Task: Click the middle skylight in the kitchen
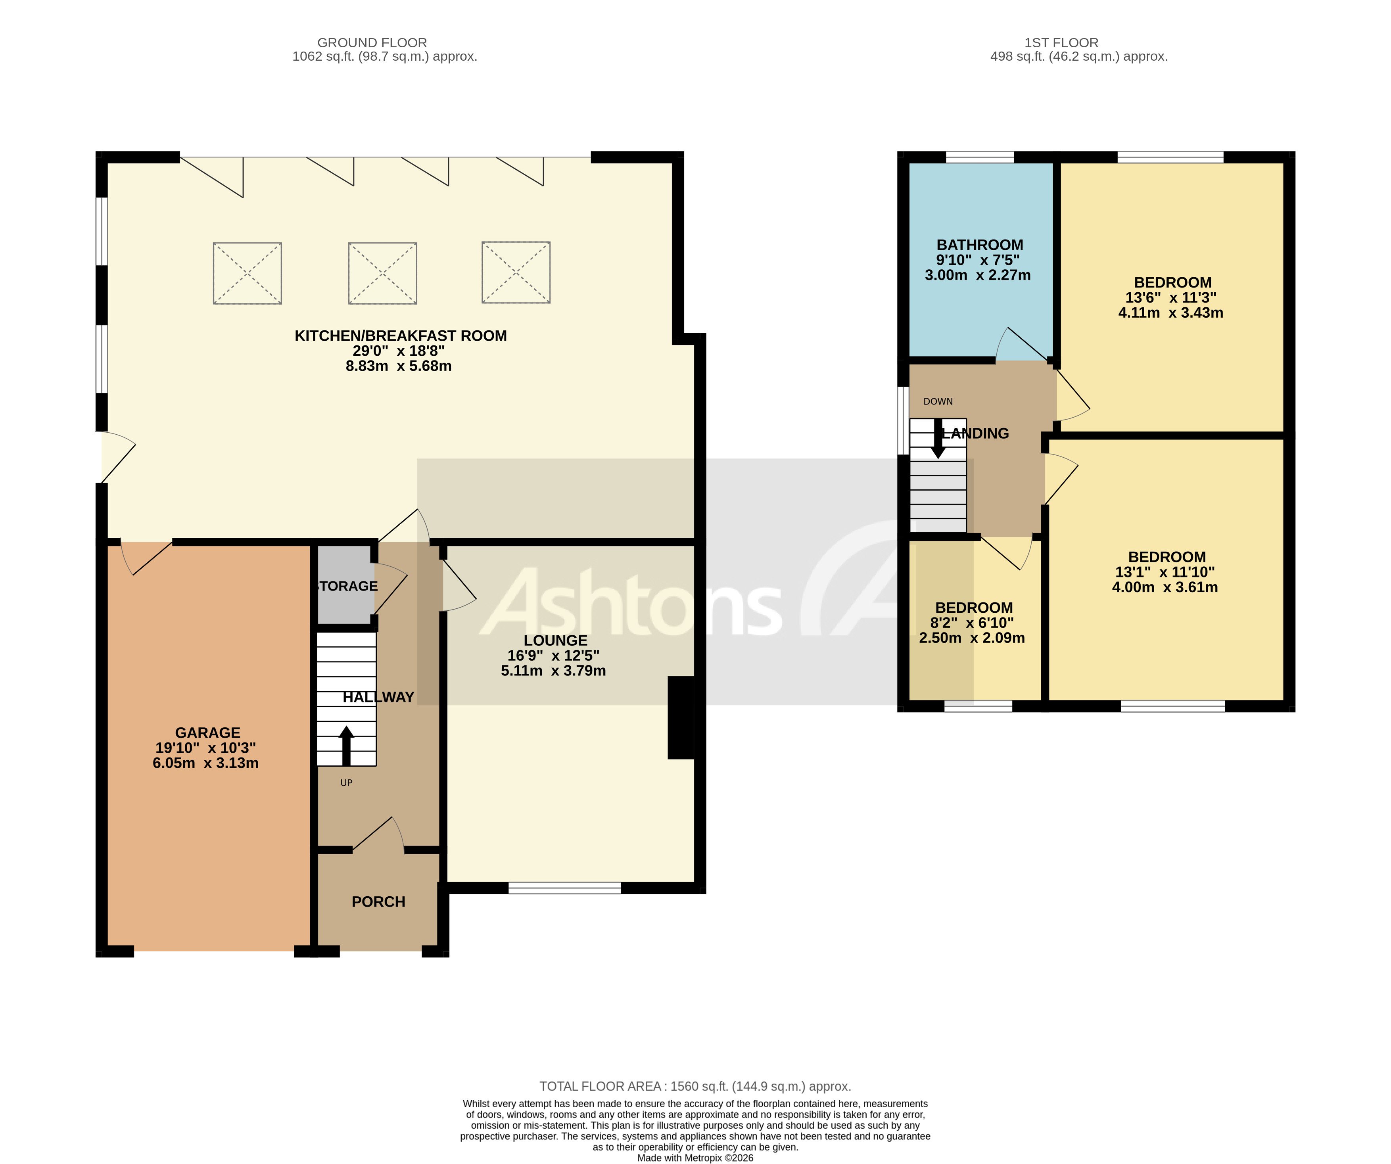click(x=382, y=273)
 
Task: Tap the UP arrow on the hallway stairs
click(x=346, y=745)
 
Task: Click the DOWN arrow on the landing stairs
click(x=938, y=439)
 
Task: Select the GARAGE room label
click(x=207, y=733)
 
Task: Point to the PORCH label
click(x=378, y=901)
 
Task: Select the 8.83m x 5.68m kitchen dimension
click(x=399, y=366)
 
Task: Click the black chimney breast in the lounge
click(x=680, y=717)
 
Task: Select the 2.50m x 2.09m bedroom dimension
click(x=972, y=638)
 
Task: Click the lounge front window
click(x=564, y=888)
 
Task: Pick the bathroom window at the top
click(x=980, y=157)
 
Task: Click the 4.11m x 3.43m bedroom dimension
click(x=1170, y=313)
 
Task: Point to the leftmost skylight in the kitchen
click(x=247, y=273)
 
